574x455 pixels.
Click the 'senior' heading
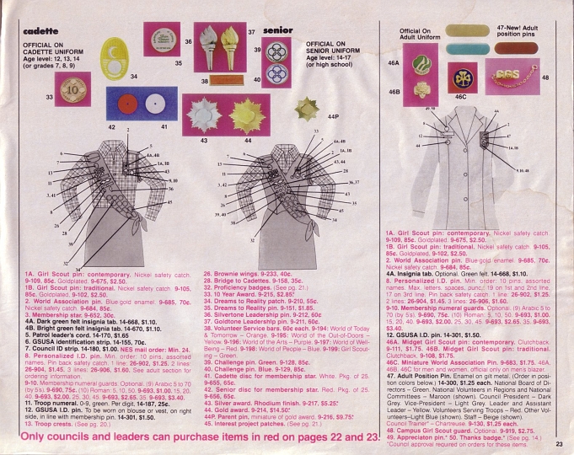(x=277, y=30)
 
